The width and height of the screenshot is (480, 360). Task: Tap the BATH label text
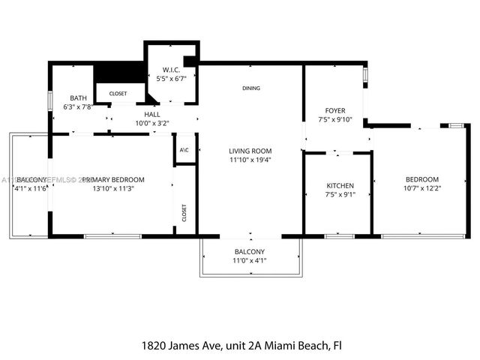coord(79,98)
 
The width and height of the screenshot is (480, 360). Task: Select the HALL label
coord(152,114)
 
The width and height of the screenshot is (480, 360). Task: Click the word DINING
coord(251,88)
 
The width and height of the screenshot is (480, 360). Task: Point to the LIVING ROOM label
coord(250,151)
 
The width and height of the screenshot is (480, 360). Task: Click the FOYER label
coord(334,110)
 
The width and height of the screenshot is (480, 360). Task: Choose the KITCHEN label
coord(340,185)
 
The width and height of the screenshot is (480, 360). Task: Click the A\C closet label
coord(184,150)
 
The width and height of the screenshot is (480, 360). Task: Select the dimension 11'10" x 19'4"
coord(250,160)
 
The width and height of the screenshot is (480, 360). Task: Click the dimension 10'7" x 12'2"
coord(421,188)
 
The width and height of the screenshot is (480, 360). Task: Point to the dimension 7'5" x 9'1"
coord(340,194)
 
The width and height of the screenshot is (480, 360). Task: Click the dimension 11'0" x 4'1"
coord(250,260)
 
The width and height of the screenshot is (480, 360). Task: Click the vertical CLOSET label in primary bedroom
coord(184,213)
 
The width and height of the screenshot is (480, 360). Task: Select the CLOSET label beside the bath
coord(118,94)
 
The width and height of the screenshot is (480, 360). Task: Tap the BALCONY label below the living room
coord(250,251)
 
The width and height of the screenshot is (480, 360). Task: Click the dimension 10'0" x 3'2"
coord(152,123)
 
